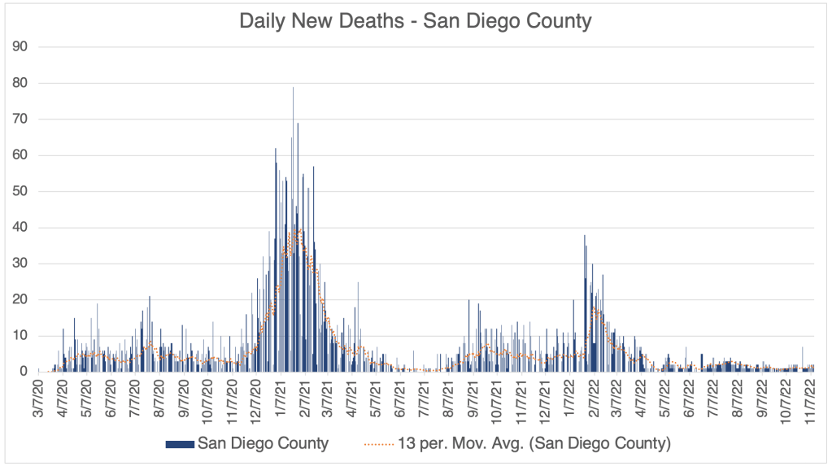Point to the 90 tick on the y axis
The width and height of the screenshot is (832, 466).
point(22,46)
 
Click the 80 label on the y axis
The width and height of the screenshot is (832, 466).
point(22,83)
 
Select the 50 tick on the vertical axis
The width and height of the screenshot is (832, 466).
point(22,191)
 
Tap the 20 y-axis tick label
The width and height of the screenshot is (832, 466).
point(22,299)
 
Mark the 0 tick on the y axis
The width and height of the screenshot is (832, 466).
point(25,372)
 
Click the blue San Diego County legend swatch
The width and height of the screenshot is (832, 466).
point(181,443)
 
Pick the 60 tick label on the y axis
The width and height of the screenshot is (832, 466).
point(22,155)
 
